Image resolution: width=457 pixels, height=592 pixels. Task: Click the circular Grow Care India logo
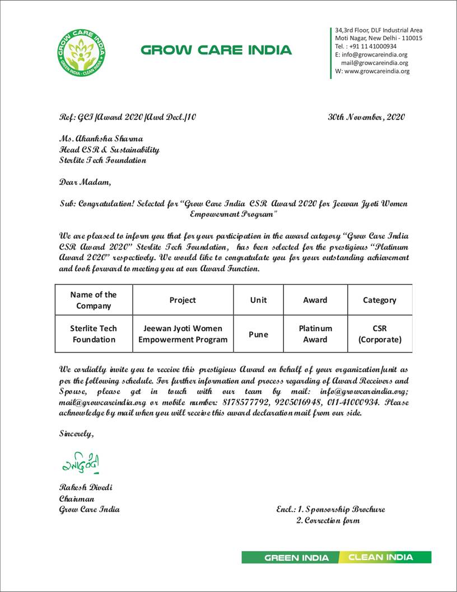point(82,53)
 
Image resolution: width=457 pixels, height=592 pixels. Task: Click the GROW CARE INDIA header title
point(216,50)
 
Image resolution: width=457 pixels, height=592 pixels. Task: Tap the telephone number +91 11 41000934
point(372,46)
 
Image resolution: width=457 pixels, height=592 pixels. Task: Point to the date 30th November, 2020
point(366,117)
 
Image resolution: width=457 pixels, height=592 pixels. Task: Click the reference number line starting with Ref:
point(128,117)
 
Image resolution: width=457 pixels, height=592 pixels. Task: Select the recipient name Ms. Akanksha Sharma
point(101,138)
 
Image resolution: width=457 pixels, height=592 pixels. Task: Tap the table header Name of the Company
point(94,300)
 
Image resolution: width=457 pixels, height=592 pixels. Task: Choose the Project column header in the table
point(183,300)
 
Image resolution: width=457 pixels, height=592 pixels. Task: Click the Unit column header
point(258,300)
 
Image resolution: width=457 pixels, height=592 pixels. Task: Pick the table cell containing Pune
point(258,334)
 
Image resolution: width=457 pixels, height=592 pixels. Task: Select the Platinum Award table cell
point(315,334)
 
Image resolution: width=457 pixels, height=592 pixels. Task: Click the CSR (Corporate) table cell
point(380,334)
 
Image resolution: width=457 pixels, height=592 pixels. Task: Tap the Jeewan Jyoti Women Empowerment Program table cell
point(183,334)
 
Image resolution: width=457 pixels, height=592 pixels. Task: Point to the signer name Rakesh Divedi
point(86,487)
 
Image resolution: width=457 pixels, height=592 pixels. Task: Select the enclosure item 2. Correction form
point(328,521)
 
